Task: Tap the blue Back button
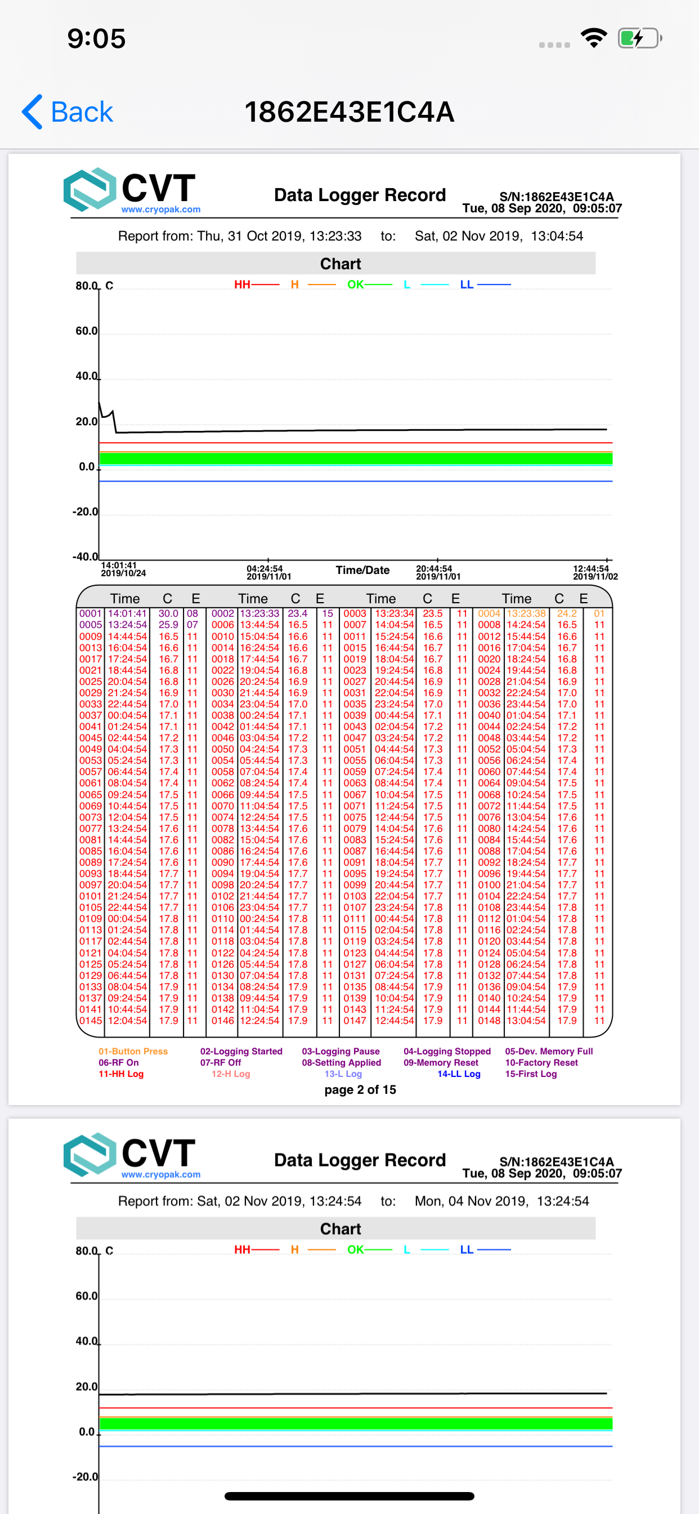[68, 112]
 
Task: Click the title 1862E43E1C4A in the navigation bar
[349, 112]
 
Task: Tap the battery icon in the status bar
[639, 39]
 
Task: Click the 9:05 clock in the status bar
[96, 39]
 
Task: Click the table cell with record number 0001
[91, 613]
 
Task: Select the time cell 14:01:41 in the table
[127, 613]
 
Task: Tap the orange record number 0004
[489, 613]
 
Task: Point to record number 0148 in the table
[489, 1021]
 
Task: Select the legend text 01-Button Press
[133, 1052]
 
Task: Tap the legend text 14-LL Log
[459, 1074]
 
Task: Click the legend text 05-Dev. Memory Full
[549, 1052]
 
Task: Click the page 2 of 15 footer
[360, 1090]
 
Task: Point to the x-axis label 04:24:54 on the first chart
[265, 569]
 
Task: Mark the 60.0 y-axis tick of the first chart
[86, 331]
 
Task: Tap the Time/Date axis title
[362, 570]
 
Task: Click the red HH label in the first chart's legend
[242, 284]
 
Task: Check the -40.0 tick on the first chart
[85, 556]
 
